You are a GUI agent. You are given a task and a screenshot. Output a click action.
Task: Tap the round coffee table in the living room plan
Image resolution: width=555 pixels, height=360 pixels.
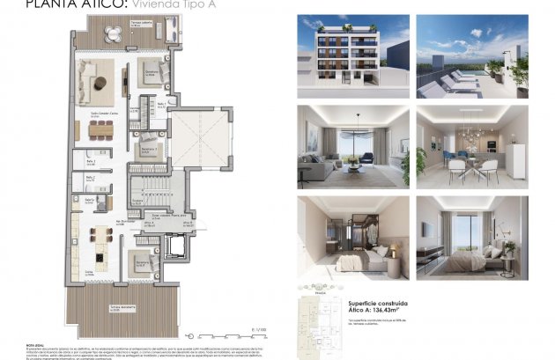103,84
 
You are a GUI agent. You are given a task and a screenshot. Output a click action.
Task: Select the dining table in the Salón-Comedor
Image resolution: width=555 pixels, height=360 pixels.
100,129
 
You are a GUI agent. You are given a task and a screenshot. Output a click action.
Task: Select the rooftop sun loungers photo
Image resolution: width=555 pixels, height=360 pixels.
471,56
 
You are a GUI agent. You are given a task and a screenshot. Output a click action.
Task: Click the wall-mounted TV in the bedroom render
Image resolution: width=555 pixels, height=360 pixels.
425,230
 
